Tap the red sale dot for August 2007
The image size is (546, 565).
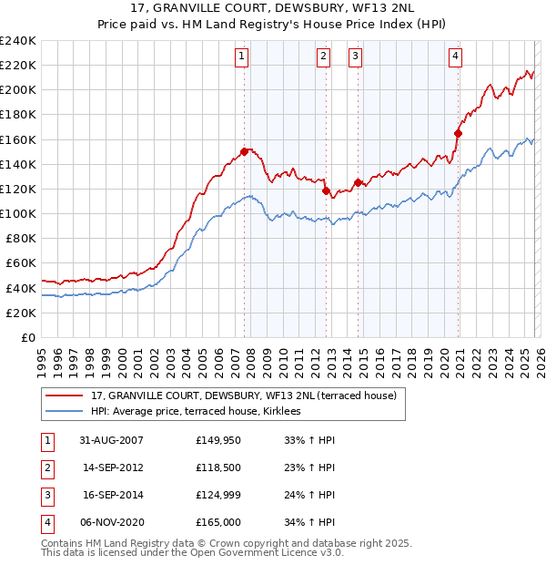tap(245, 151)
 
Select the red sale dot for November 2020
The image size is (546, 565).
tap(458, 133)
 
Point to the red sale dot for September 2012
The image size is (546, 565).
tap(326, 190)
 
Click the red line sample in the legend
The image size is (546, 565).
tap(65, 396)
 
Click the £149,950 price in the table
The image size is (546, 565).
tap(216, 440)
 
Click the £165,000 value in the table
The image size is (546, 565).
tap(216, 523)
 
